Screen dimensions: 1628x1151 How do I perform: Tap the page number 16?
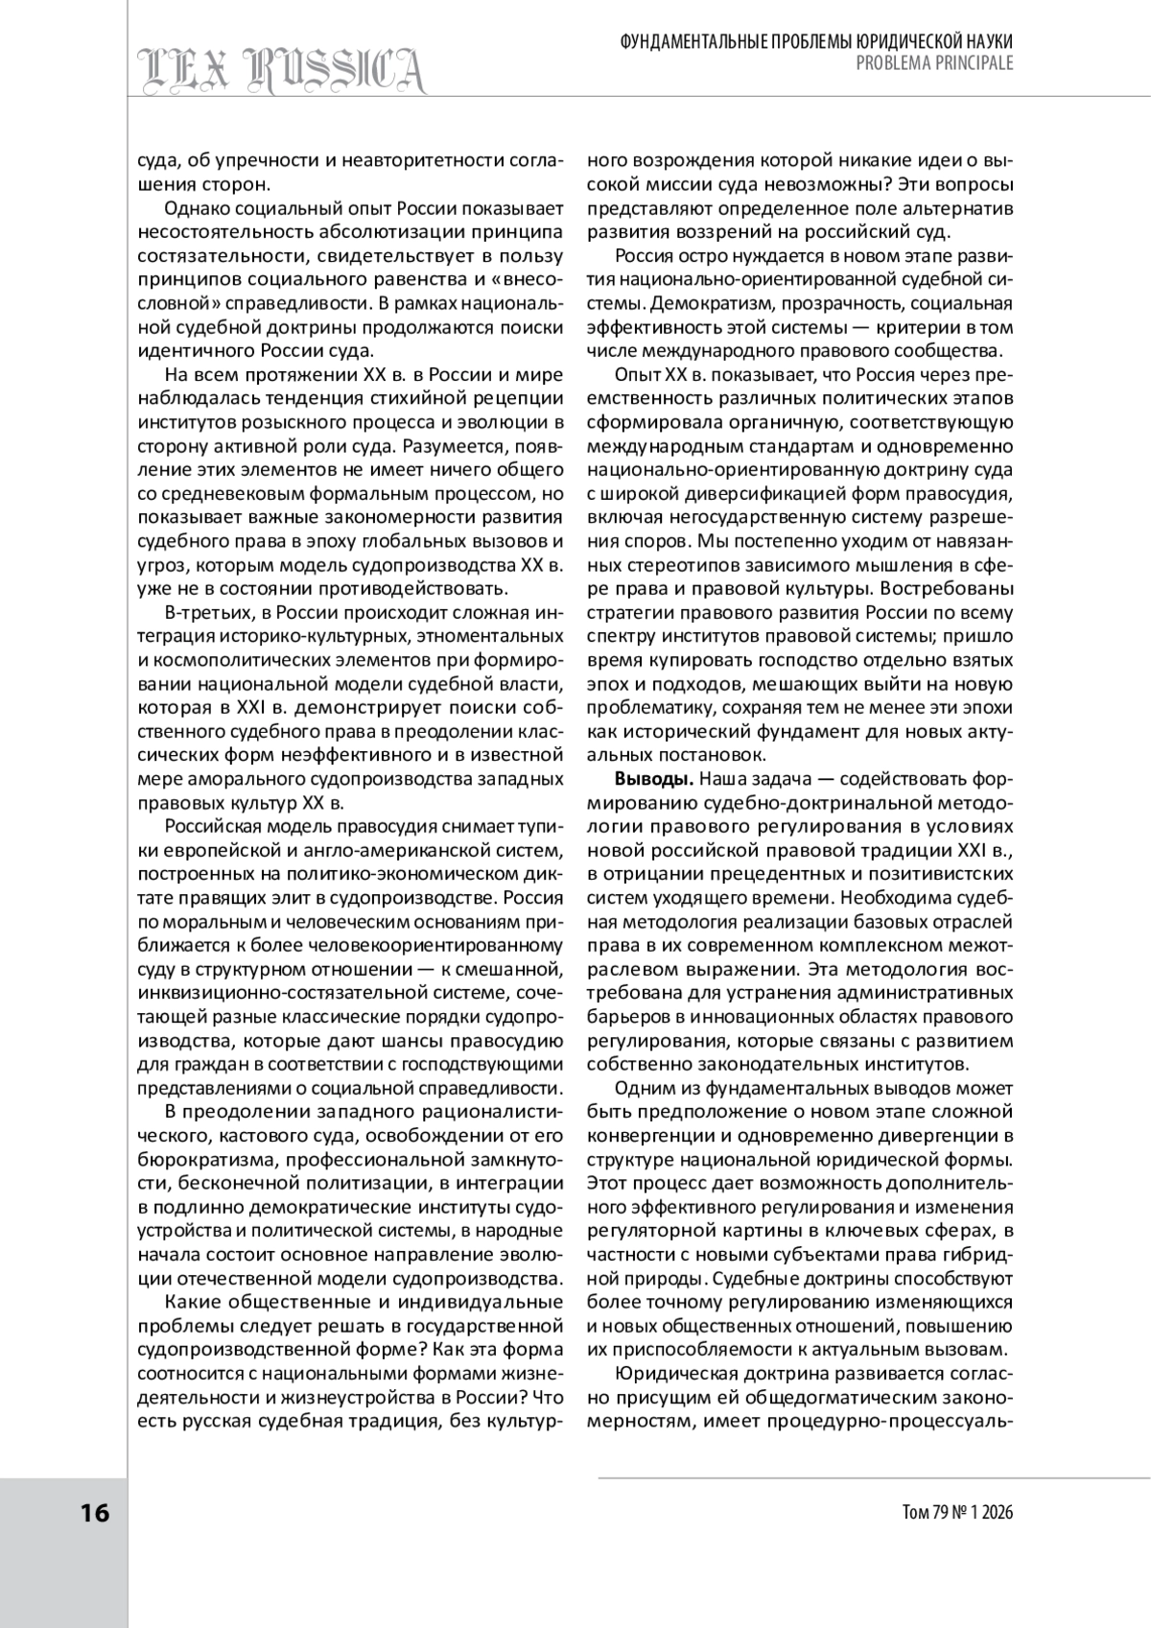95,1513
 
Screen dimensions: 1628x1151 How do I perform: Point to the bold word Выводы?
647,776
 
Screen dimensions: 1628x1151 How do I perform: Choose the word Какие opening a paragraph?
192,1302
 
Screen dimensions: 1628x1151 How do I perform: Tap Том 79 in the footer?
922,1513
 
